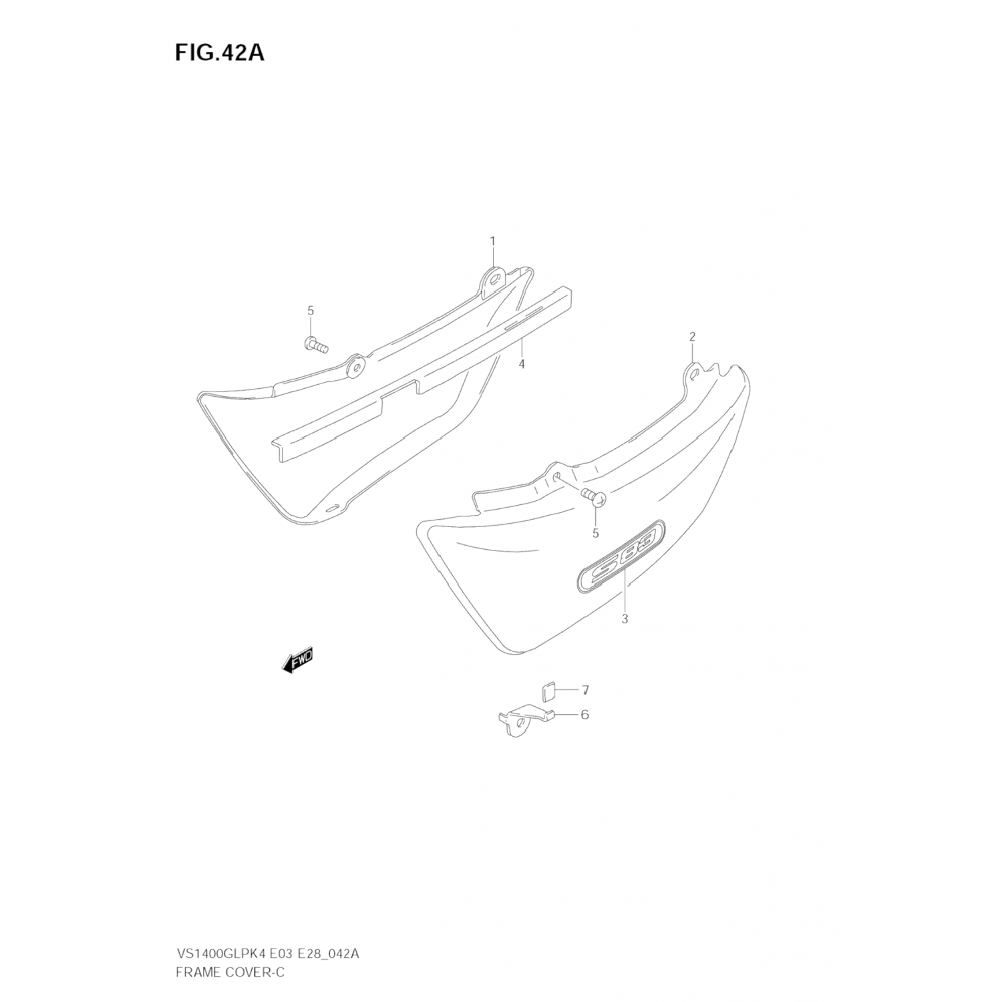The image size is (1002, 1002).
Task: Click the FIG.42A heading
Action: click(220, 53)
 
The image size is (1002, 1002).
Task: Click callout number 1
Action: click(493, 240)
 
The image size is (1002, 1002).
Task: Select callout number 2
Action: click(692, 336)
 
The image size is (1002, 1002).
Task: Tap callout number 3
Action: click(625, 619)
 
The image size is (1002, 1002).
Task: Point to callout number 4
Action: click(522, 363)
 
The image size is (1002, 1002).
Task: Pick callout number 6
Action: click(584, 715)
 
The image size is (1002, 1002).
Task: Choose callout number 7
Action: click(584, 689)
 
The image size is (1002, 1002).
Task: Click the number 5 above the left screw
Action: click(311, 310)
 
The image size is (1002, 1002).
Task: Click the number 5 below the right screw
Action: click(595, 533)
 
